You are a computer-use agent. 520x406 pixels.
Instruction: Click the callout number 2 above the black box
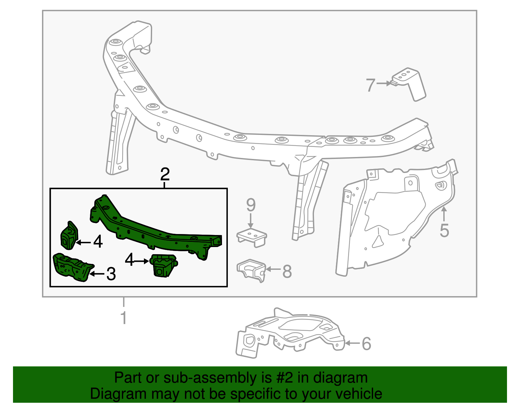tap(165, 175)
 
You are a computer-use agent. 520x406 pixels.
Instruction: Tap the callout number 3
tap(111, 274)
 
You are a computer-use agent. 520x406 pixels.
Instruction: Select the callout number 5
tap(444, 230)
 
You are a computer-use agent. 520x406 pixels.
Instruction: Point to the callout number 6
tap(366, 344)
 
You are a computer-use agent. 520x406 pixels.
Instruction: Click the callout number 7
tap(370, 85)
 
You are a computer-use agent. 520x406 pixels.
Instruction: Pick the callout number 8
tap(287, 271)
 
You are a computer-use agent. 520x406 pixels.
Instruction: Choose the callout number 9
tap(251, 205)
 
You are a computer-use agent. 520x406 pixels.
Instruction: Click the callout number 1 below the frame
tap(123, 318)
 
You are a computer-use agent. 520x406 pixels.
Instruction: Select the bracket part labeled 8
tap(251, 270)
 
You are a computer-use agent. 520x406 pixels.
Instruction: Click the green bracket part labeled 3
tap(72, 267)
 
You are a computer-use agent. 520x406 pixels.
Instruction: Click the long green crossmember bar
tap(156, 231)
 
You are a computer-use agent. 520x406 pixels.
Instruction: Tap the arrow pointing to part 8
tap(273, 269)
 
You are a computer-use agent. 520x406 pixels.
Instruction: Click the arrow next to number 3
tap(97, 274)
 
